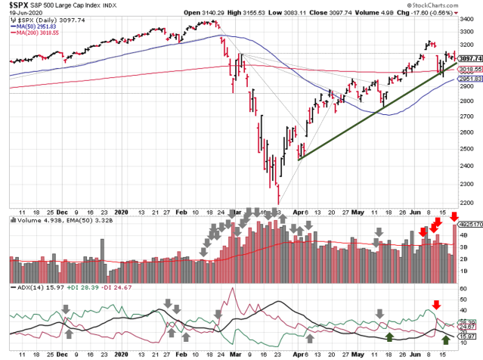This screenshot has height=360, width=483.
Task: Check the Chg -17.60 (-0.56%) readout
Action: click(x=445, y=5)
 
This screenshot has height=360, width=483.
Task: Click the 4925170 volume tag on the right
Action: click(x=470, y=224)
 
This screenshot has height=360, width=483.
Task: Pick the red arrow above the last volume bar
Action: click(x=454, y=218)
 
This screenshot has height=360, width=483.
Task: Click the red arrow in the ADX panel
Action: click(x=435, y=305)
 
